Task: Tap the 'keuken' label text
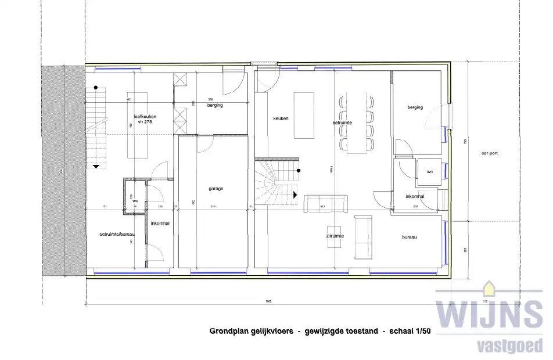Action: [281, 118]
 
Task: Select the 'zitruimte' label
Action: [335, 236]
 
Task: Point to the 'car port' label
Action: [489, 153]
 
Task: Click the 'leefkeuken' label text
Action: [145, 117]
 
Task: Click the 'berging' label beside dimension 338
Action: [215, 106]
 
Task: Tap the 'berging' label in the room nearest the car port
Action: [415, 107]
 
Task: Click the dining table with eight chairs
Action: [357, 122]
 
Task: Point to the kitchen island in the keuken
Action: [304, 115]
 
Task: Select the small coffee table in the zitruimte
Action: [335, 236]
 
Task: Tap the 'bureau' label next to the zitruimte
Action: [411, 237]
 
